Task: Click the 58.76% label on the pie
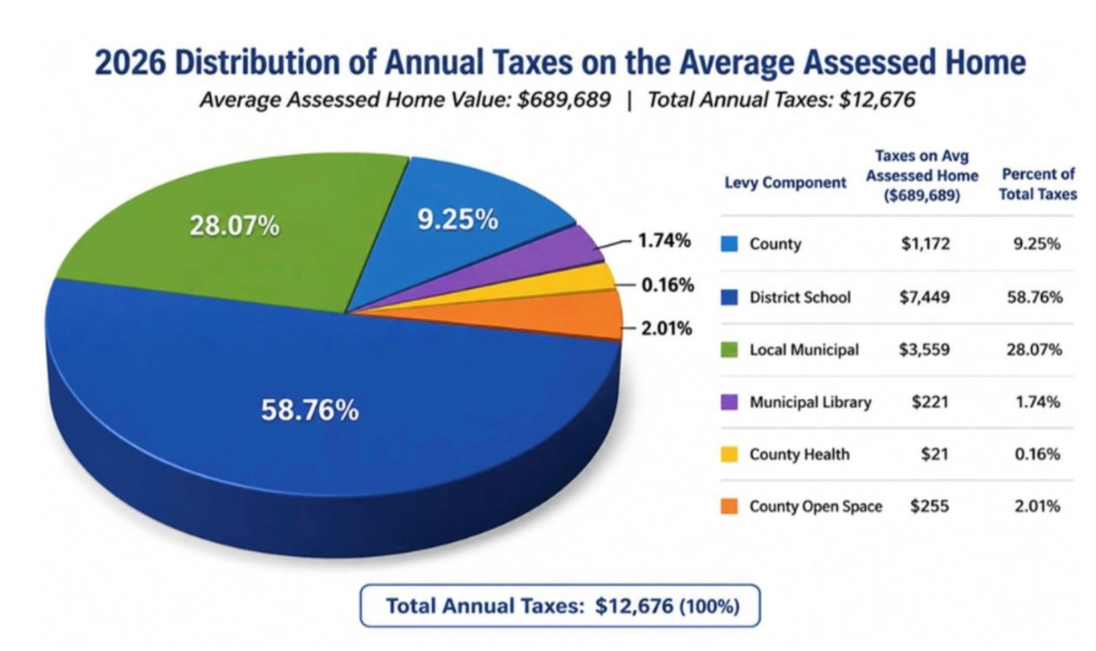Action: (310, 410)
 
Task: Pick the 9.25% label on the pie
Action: (458, 219)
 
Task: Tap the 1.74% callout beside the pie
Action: (665, 241)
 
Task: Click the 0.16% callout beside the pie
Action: (668, 284)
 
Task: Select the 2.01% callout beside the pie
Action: (667, 328)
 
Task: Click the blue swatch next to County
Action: (729, 244)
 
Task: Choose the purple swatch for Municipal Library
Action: (729, 402)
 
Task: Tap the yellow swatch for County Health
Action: (729, 454)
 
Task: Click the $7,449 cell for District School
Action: (924, 297)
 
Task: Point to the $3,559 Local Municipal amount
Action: (924, 349)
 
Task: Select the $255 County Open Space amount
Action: (930, 506)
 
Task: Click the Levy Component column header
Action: (785, 183)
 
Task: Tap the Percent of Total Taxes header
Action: (1038, 184)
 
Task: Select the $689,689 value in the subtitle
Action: (564, 100)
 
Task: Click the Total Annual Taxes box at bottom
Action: (560, 605)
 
